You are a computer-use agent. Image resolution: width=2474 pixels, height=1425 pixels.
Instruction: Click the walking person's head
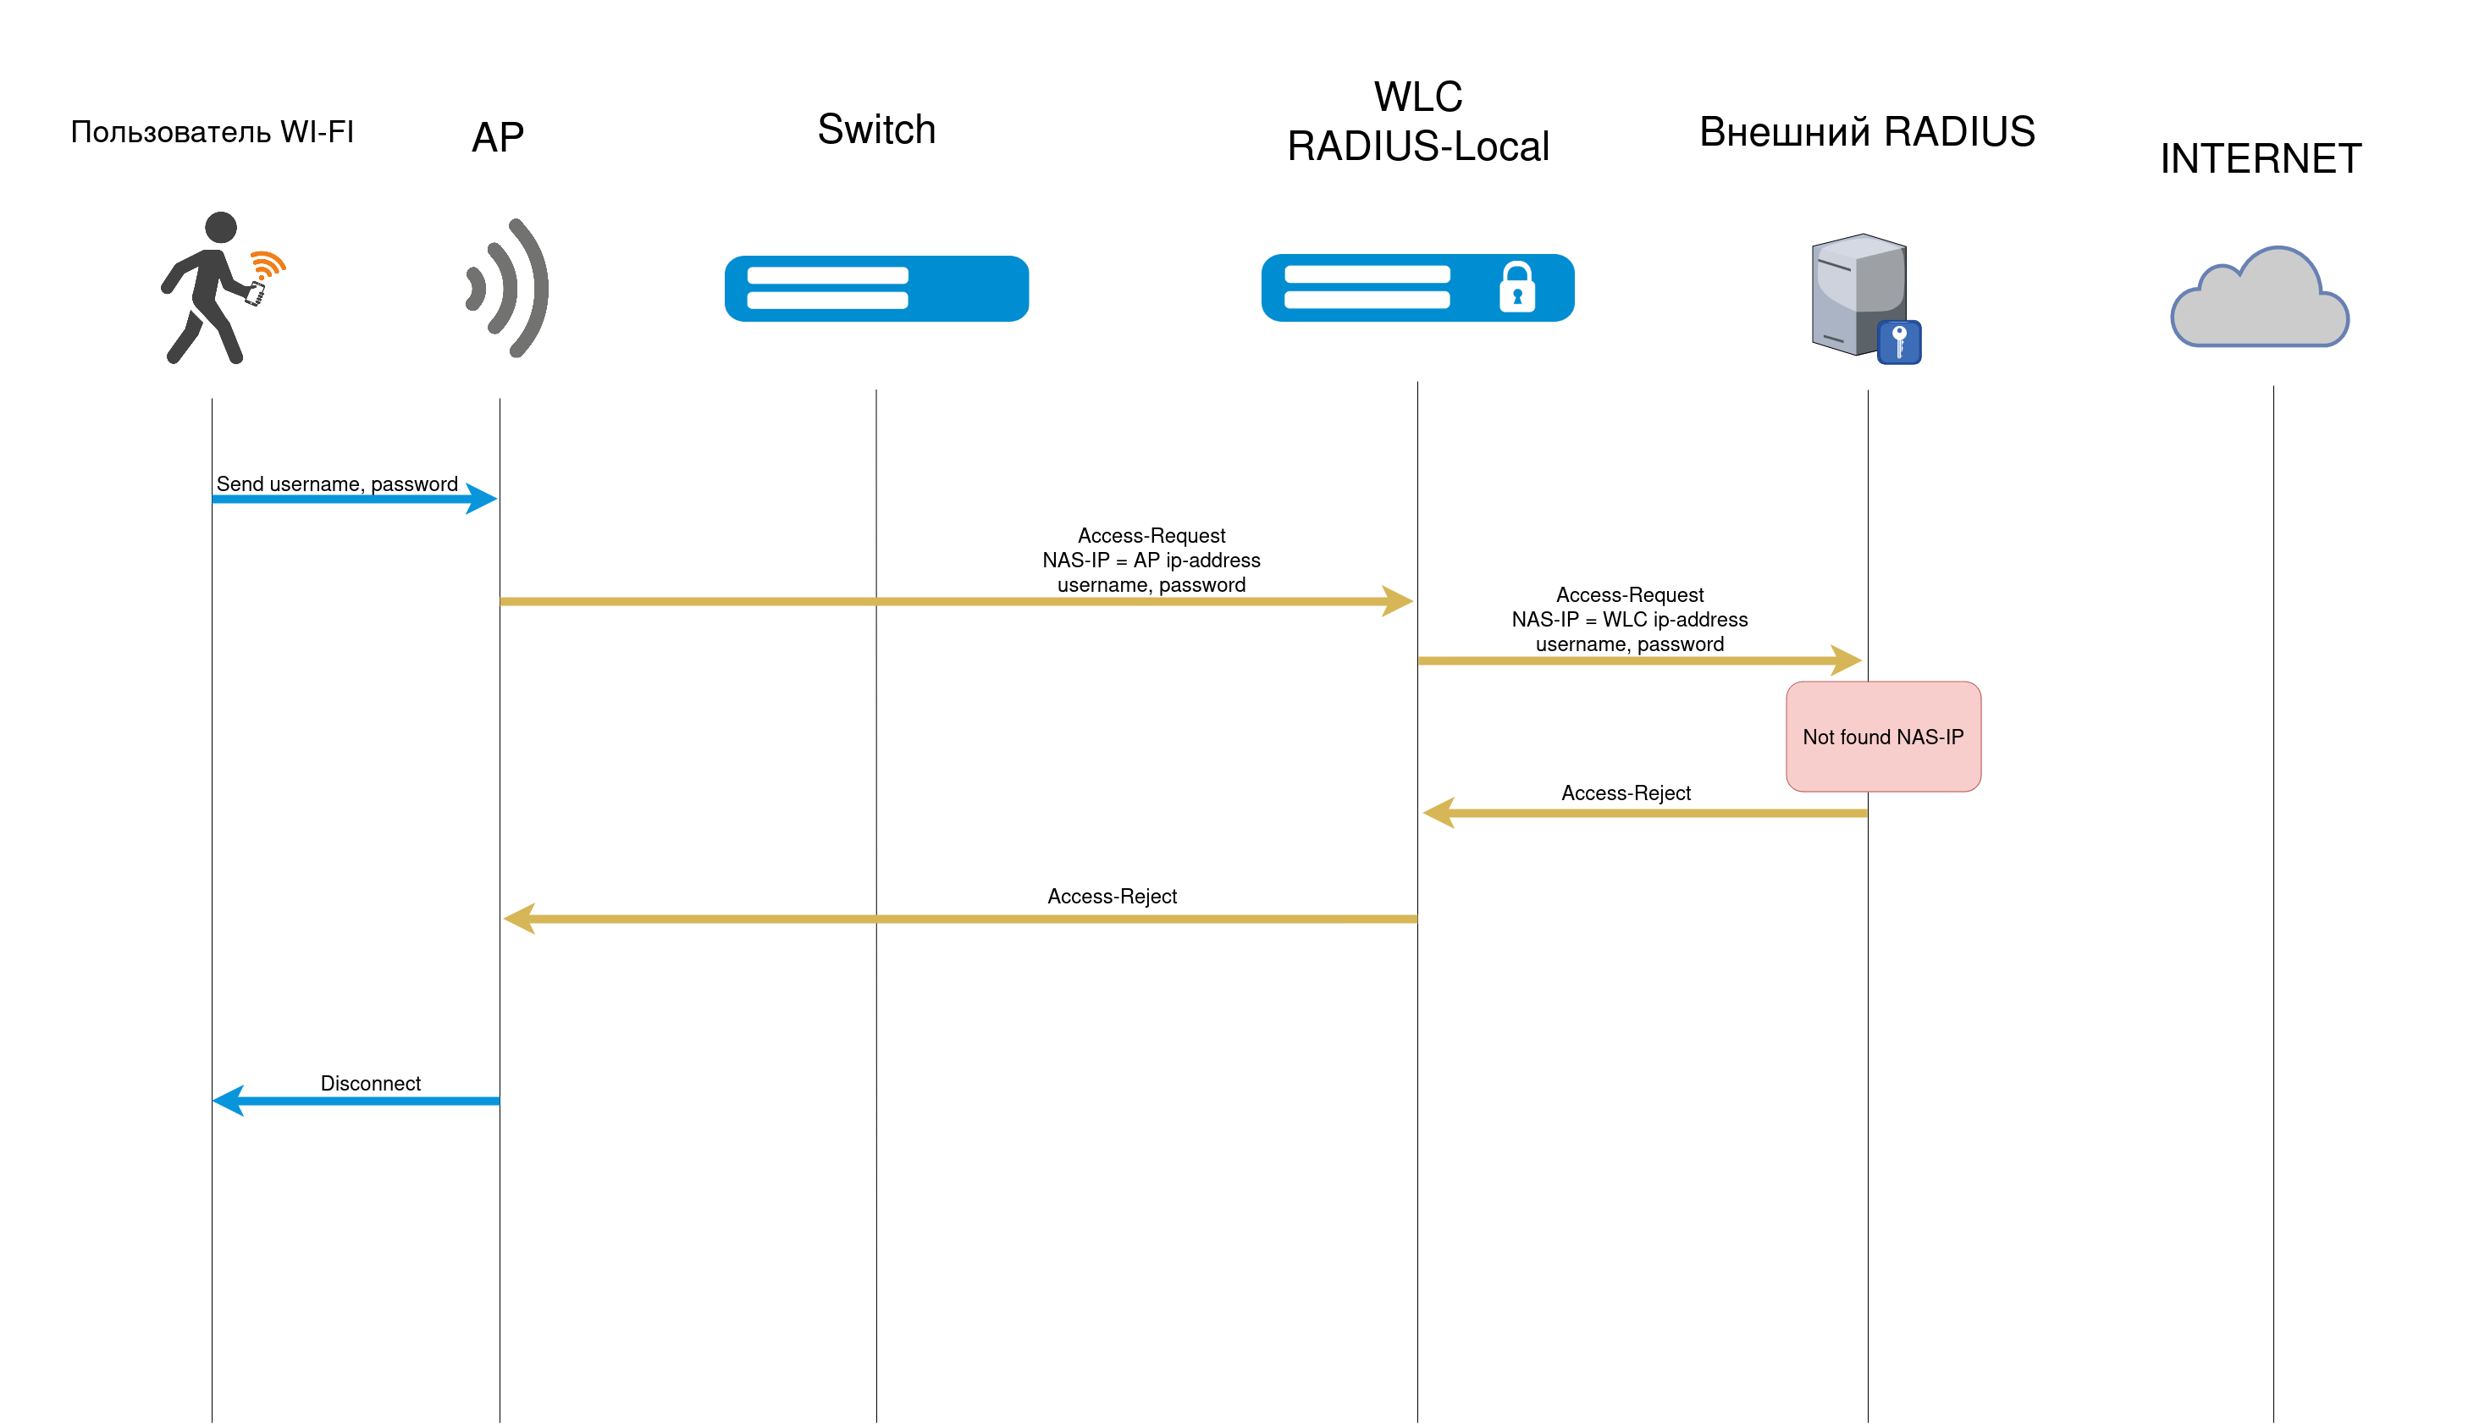coord(221,227)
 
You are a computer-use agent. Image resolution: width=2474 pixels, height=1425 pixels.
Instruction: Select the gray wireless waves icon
coord(509,288)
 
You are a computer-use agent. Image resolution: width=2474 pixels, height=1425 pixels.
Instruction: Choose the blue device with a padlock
coord(1417,288)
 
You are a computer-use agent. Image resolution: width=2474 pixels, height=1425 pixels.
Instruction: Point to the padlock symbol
coord(1517,287)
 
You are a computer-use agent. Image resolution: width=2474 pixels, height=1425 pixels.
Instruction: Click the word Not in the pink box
coord(1819,737)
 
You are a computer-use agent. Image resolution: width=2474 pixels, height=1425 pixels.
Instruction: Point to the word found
coord(1864,737)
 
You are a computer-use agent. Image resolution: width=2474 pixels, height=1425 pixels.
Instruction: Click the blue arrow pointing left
coord(356,1101)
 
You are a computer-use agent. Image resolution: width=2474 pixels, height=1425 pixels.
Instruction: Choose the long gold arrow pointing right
coord(956,601)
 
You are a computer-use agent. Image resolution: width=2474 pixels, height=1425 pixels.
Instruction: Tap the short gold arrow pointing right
coord(1639,660)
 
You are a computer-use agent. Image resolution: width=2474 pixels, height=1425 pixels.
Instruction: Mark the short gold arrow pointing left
coord(1644,814)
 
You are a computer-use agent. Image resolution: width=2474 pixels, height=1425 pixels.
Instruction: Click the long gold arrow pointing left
coord(959,919)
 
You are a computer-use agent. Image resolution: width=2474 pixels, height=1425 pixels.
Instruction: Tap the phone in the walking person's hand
coord(256,293)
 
